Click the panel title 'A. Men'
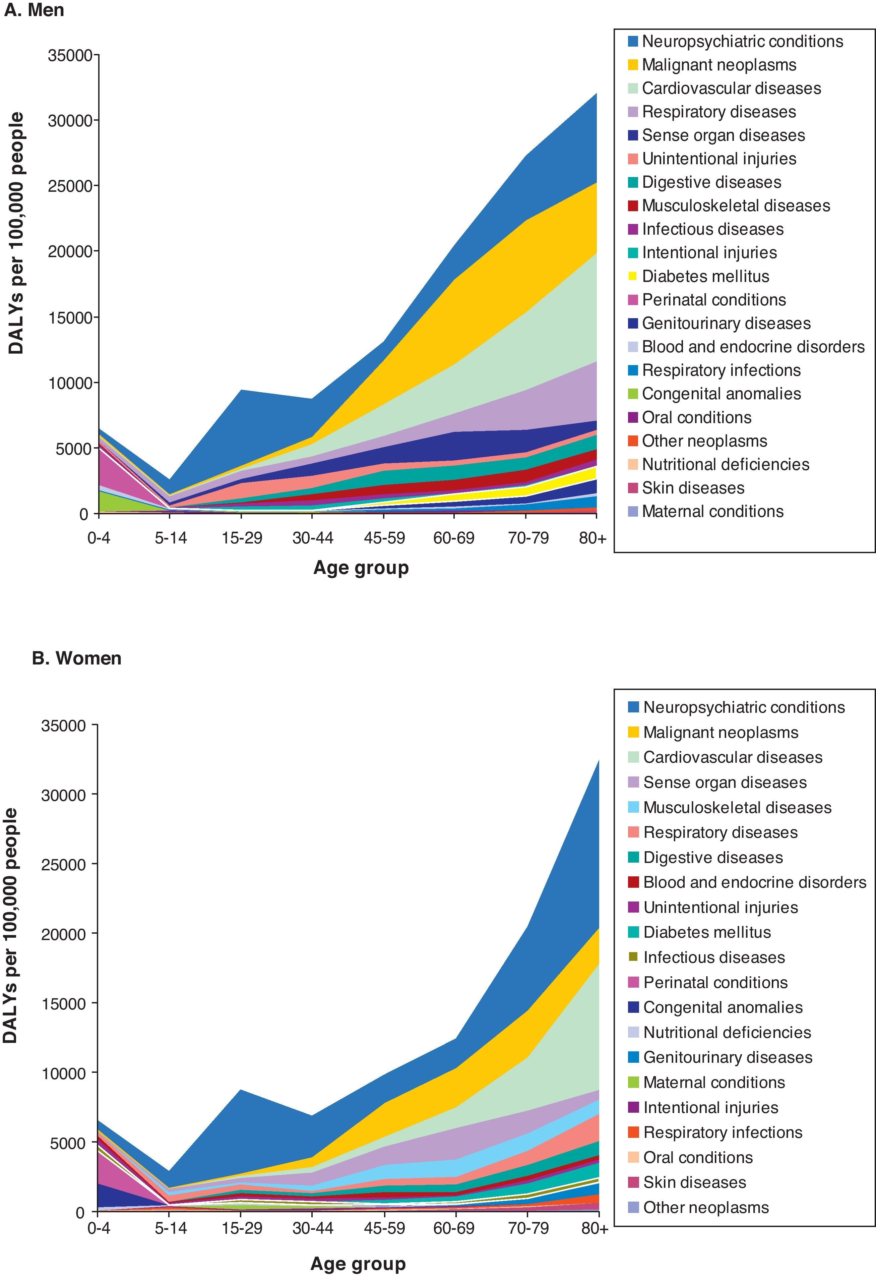[34, 10]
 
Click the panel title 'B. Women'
[76, 658]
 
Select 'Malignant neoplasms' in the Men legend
[718, 65]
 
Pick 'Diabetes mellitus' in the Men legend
[705, 276]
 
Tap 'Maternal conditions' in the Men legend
[712, 511]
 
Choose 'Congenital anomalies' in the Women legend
[723, 1007]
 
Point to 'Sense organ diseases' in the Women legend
[725, 782]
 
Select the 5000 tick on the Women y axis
[68, 1143]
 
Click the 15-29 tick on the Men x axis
[242, 538]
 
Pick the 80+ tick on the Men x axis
[592, 538]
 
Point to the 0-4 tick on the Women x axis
[99, 1228]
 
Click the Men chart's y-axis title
[16, 232]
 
